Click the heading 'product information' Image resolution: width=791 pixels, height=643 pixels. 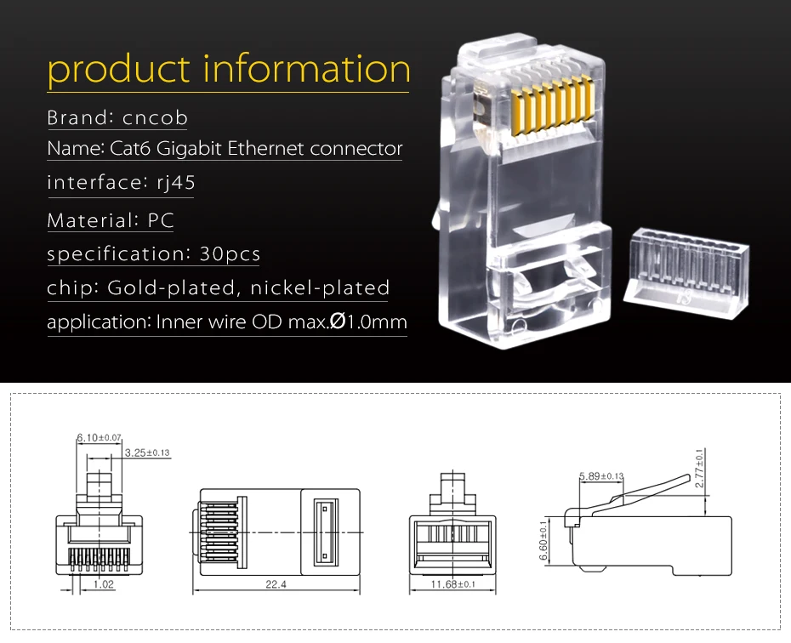tap(229, 70)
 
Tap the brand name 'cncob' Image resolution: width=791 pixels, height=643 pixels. tap(155, 117)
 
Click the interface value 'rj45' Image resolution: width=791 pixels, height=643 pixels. tap(175, 183)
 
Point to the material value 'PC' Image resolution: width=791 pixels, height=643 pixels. tap(161, 220)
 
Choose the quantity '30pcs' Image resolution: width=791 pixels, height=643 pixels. tap(230, 253)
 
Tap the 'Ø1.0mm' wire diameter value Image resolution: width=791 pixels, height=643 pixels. tap(368, 321)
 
